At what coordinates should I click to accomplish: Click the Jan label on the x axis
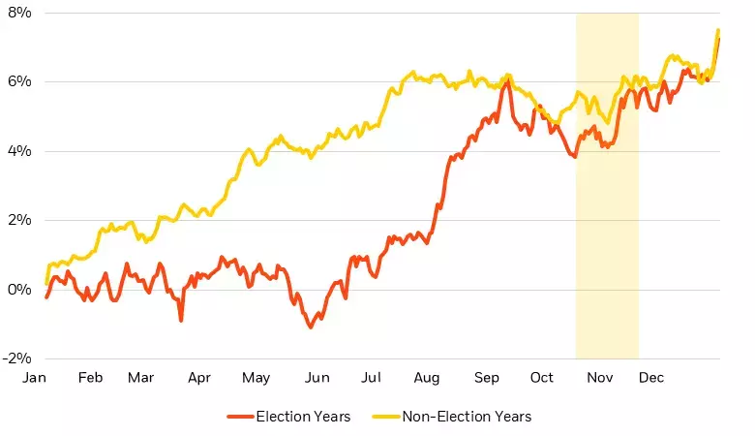point(35,378)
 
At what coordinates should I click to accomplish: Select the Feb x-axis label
point(90,378)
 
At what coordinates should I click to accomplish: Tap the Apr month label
point(199,378)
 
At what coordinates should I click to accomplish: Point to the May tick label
point(256,378)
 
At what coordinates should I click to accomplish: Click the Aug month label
point(426,378)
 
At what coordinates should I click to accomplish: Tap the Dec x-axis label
point(651,378)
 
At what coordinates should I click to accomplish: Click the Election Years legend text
point(303,417)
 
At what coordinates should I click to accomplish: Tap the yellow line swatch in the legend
point(386,417)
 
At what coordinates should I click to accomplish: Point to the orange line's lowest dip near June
point(311,327)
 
